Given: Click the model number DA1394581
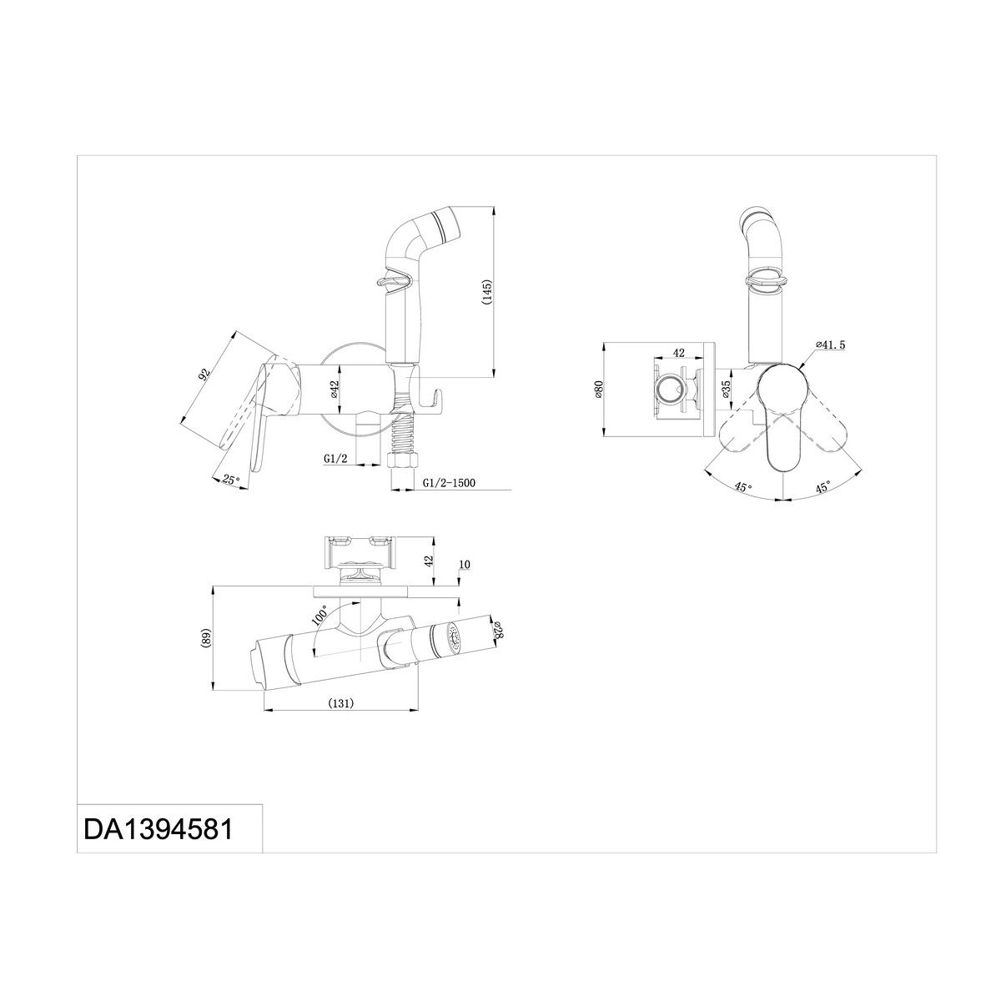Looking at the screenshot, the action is click(x=158, y=829).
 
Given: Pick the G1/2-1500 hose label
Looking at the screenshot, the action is click(x=449, y=483).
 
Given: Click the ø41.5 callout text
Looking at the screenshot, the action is click(x=831, y=345).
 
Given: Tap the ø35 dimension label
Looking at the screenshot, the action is click(x=727, y=390).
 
